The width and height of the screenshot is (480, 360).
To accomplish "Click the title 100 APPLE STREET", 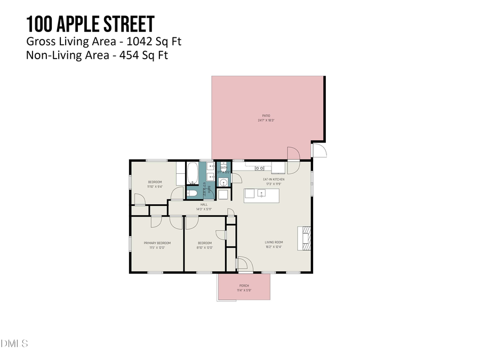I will pos(90,24).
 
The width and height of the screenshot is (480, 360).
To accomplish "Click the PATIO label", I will pos(266,115).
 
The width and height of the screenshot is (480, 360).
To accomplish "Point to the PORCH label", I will pos(244,286).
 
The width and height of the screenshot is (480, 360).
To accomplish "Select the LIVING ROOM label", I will pos(273,243).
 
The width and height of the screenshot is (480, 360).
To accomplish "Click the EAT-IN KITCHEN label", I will pos(274,179).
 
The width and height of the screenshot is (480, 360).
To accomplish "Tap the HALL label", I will pos(204,204).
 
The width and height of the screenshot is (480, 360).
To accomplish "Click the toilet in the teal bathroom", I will pos(193,193).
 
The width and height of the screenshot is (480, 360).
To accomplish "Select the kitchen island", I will pos(262,195).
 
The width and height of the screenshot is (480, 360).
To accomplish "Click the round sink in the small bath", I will pos(223,182).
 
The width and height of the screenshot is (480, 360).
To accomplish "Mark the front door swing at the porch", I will pos(242,264).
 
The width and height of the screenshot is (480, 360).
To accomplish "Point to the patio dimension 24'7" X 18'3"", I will pos(266,121).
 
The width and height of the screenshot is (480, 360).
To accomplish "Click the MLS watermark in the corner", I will pos(14,343).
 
